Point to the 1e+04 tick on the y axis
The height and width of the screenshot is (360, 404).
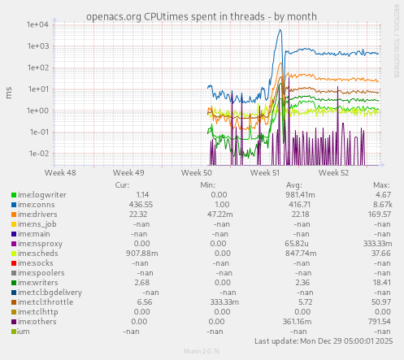(x=39, y=24)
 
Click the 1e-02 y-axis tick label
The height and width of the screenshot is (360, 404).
(x=39, y=154)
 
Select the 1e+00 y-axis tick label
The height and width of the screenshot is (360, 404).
(x=39, y=111)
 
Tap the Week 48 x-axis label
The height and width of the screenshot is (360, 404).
(x=61, y=172)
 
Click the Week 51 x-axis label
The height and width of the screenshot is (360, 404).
(x=265, y=172)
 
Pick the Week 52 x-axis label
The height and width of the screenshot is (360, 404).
(x=333, y=172)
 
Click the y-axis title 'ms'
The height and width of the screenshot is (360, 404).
(x=9, y=93)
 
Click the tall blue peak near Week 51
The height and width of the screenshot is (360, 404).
(x=280, y=33)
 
